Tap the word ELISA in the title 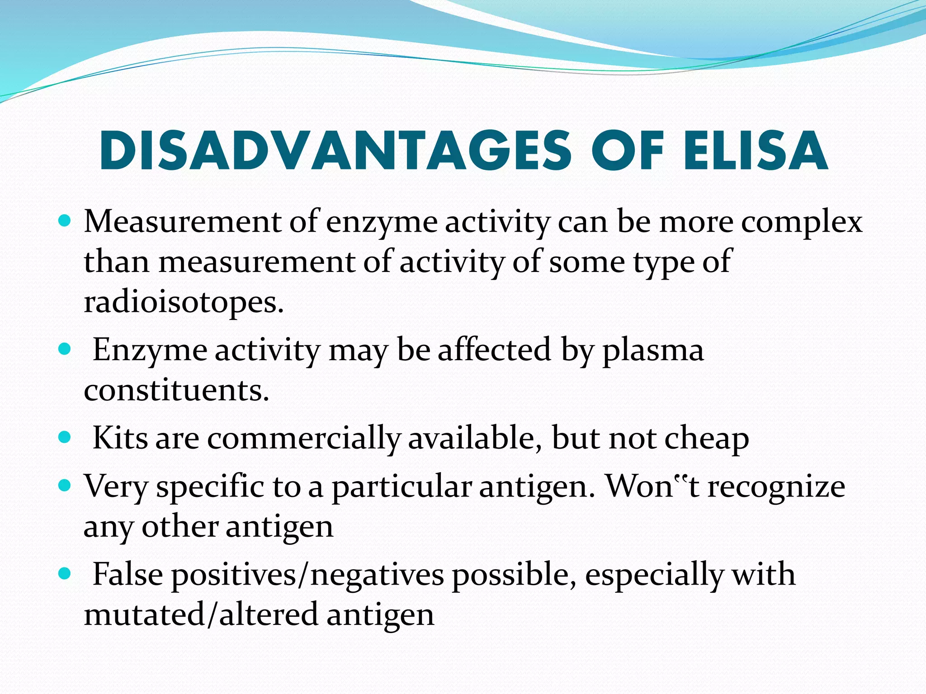tap(756, 151)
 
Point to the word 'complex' tap(801, 223)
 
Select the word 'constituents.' tap(176, 390)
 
